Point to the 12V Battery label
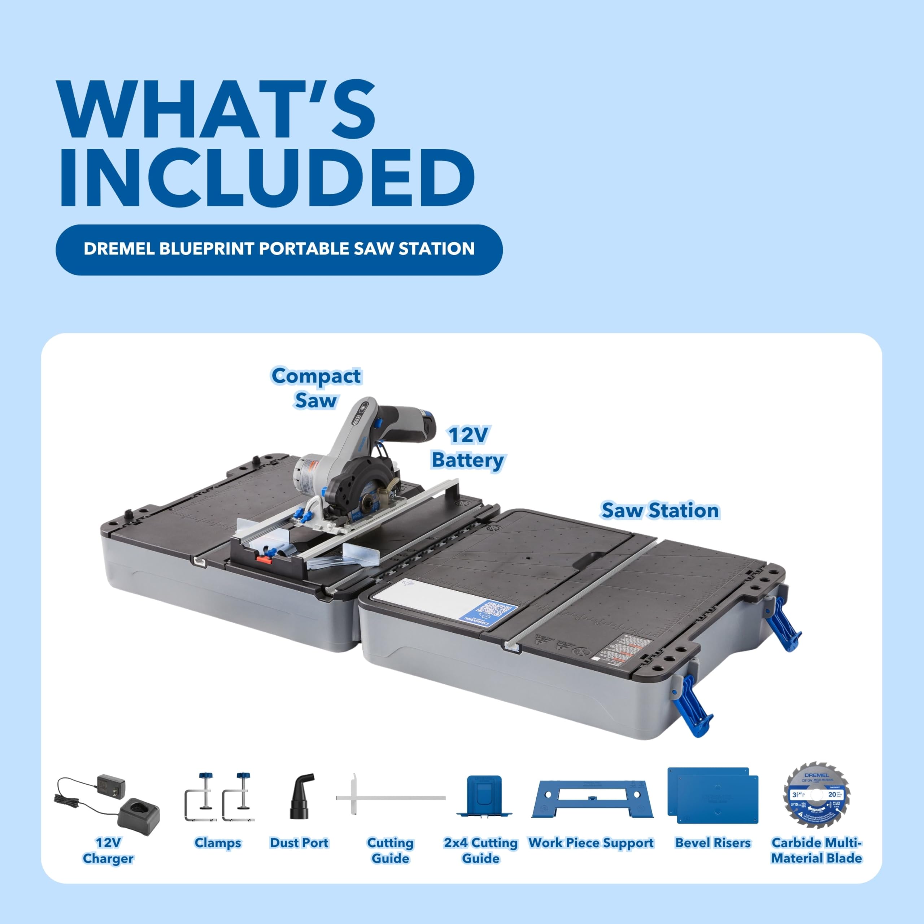point(468,447)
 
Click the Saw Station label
point(660,510)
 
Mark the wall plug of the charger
point(111,783)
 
